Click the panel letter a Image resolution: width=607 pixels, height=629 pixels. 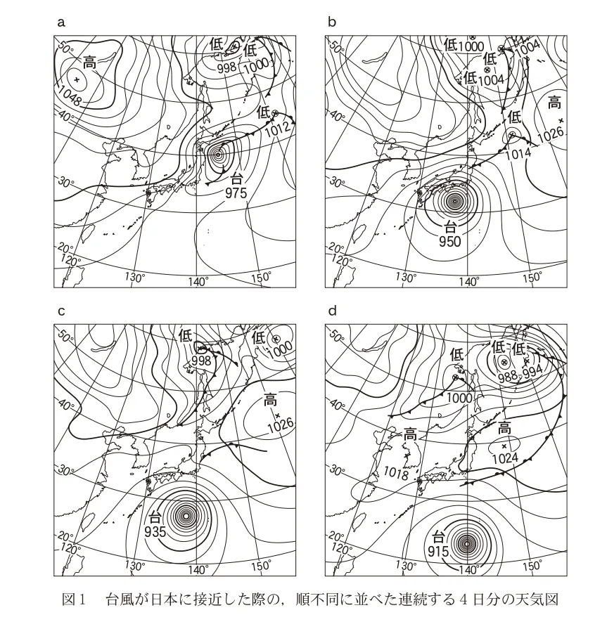click(61, 22)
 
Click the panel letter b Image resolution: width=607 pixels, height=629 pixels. click(331, 21)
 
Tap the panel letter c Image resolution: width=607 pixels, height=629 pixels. click(61, 311)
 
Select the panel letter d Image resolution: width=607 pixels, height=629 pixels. click(332, 311)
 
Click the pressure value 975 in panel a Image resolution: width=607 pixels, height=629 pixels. click(236, 193)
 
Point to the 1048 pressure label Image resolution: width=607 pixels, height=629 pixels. click(70, 96)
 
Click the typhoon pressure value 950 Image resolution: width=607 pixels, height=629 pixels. click(450, 242)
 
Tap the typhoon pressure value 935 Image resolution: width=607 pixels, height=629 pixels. click(155, 531)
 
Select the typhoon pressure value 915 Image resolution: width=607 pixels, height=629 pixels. click(438, 552)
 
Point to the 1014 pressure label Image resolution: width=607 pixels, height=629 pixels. click(518, 153)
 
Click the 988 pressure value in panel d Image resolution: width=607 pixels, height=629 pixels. click(507, 377)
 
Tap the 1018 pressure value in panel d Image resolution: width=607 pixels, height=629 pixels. click(396, 473)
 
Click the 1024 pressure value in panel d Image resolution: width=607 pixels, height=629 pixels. click(505, 458)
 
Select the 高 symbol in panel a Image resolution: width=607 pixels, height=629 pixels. click(89, 63)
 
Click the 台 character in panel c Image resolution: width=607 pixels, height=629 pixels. click(155, 517)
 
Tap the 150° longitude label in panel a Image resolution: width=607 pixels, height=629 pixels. click(262, 277)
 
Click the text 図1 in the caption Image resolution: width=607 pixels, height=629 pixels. click(74, 599)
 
